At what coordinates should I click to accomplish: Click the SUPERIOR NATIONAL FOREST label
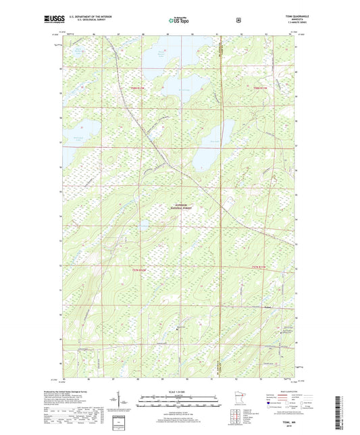pos(180,208)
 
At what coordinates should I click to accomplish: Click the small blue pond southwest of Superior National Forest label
pos(145,227)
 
